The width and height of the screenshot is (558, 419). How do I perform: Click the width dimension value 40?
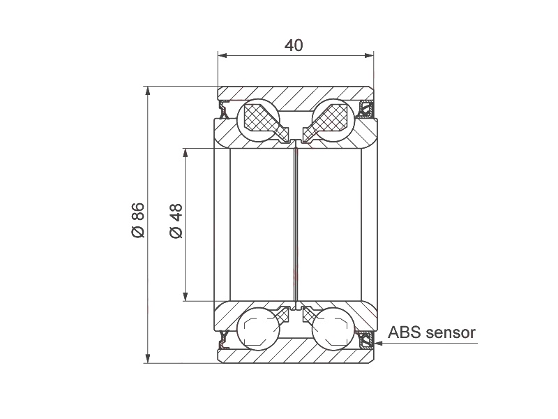(294, 45)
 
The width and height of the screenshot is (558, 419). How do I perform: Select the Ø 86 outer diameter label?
(137, 220)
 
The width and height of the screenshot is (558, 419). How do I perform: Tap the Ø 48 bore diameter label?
(176, 221)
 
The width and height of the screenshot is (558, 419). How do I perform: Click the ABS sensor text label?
(431, 332)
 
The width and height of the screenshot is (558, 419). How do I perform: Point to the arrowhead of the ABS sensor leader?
(378, 343)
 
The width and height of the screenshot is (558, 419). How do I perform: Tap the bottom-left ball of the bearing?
(258, 328)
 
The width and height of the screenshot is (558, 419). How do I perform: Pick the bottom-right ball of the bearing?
(333, 328)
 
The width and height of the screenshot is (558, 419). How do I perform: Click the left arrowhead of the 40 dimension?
(222, 55)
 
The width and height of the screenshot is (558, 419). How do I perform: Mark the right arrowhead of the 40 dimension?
(370, 55)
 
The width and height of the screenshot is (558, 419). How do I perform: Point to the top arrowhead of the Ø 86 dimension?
(148, 91)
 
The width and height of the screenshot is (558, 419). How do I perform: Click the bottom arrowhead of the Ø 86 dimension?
(148, 359)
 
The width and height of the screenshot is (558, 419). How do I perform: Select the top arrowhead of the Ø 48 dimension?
(185, 152)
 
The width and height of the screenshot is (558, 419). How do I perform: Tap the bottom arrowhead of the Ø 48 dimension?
(185, 296)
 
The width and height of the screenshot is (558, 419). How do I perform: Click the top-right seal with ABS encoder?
(365, 110)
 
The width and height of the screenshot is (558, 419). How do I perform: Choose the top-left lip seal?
(223, 110)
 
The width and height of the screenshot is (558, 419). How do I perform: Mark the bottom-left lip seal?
(223, 339)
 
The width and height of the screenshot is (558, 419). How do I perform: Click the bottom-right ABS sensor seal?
(365, 339)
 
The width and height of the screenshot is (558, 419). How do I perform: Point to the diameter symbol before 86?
(137, 231)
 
